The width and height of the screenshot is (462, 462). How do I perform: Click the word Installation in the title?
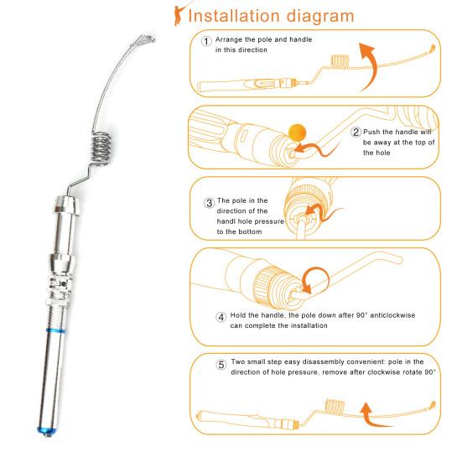[234, 16]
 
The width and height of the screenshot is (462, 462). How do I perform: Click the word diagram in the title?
[320, 17]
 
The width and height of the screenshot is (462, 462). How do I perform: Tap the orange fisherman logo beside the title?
[179, 15]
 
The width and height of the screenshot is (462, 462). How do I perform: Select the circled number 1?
[206, 41]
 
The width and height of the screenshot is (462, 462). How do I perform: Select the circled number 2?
[356, 132]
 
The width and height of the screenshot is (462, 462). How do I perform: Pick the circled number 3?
[209, 203]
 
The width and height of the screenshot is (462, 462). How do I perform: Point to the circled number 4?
[221, 317]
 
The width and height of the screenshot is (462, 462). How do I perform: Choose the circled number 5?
[221, 365]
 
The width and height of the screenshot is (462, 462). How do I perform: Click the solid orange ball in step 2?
[297, 132]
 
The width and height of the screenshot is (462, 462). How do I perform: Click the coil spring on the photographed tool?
[101, 148]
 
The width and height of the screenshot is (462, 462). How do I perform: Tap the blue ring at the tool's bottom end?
[47, 430]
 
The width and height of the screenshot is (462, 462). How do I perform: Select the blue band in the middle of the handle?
[55, 330]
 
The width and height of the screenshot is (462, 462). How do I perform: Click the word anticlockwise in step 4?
[392, 315]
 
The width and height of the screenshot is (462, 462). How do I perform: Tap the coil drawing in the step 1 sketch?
[340, 61]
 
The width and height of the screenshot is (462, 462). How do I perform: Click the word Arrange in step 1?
[229, 39]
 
